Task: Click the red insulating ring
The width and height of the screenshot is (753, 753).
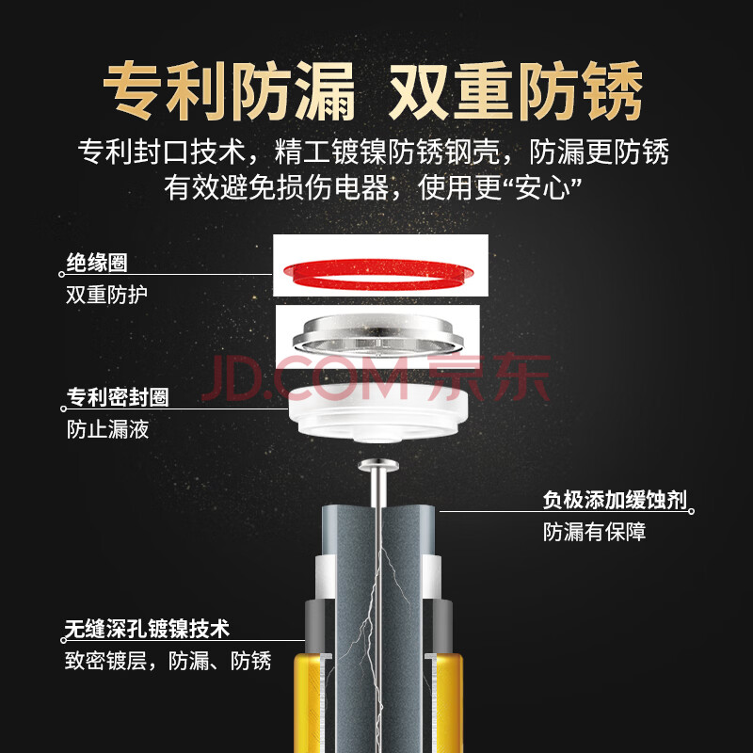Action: coord(378,283)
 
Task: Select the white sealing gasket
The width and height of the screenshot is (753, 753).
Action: coord(378,413)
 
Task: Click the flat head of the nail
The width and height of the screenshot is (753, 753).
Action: coord(378,465)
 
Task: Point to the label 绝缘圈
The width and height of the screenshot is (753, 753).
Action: coord(97,263)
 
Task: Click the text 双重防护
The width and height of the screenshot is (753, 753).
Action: coord(106,295)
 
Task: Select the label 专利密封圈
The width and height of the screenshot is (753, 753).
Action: coord(118,397)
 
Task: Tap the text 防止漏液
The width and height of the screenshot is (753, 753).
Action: coord(107,429)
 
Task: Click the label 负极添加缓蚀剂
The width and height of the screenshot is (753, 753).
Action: coord(616,500)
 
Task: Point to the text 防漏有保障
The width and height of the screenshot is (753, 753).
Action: coord(595,532)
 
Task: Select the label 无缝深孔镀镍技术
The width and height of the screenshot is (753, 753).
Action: coord(147,629)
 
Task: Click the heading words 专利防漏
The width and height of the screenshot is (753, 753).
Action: coord(229,90)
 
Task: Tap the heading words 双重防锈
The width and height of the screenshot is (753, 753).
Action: coord(516,90)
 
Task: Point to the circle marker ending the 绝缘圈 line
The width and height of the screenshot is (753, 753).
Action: coord(61,275)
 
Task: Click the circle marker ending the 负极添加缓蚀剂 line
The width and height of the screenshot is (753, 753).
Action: coord(692,511)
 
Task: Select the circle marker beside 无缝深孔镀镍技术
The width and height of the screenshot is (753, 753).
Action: coord(63,640)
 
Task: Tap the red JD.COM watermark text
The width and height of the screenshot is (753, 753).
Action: coord(305,378)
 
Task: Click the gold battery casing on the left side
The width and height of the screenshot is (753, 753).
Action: coord(308,702)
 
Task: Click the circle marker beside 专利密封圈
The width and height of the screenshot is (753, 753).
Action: coord(63,409)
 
